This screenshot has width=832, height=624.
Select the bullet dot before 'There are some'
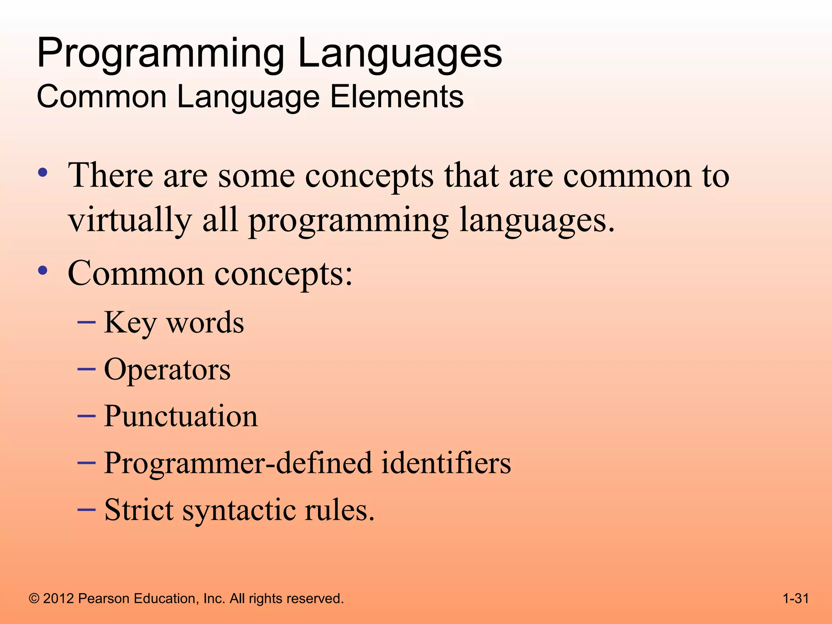43,173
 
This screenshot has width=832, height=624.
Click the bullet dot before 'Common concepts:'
43,271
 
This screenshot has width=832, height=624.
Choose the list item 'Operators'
167,370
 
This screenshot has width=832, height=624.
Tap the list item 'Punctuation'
181,416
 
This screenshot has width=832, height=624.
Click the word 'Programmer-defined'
238,463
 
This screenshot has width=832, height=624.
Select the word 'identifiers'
446,463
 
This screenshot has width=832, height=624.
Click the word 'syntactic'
239,510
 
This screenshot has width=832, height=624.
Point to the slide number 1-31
795,598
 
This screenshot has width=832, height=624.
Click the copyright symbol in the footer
34,599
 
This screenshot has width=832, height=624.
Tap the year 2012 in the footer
58,599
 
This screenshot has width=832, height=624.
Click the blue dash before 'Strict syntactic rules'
86,509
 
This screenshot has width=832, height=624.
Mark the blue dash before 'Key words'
86,323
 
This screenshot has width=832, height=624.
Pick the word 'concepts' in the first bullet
369,177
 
